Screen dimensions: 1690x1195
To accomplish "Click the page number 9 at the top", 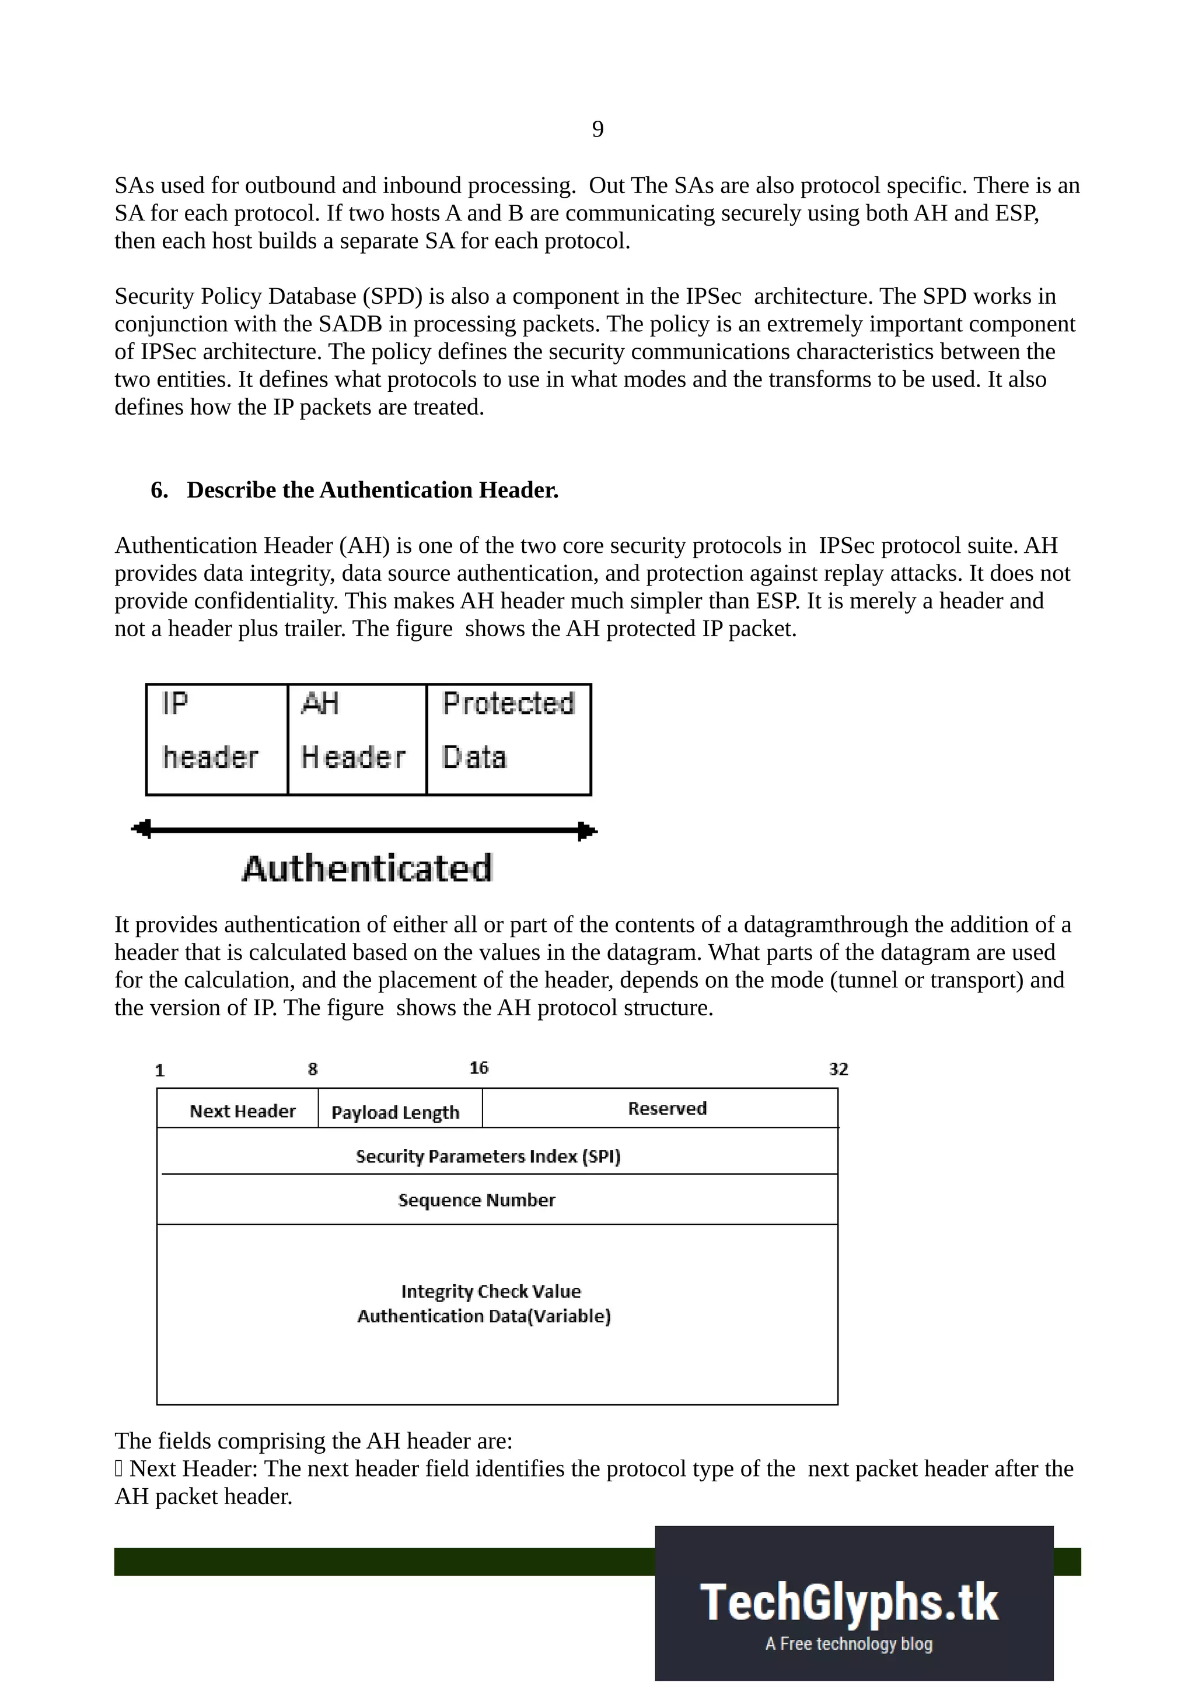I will point(597,129).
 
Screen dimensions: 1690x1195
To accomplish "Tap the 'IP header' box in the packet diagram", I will point(216,739).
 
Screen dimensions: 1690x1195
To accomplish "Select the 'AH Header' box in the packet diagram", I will point(357,739).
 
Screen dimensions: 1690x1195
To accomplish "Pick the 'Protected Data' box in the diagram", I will point(508,739).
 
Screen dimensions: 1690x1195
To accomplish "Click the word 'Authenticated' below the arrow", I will point(366,868).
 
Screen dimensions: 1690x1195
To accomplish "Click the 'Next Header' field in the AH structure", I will point(242,1111).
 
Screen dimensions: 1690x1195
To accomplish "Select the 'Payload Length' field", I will point(396,1112).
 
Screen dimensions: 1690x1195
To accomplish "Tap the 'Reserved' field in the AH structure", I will point(667,1109).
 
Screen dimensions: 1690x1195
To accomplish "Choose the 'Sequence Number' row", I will point(476,1200).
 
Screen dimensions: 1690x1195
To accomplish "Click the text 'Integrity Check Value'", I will point(490,1291).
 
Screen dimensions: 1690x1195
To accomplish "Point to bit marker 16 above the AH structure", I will point(478,1067).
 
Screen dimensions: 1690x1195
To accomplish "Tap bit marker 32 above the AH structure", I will point(838,1069).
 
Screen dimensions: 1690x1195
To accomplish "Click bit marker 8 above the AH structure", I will point(312,1069).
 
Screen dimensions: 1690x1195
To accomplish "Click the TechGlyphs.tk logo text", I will point(849,1603).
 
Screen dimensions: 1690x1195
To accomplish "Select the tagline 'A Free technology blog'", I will point(849,1643).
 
